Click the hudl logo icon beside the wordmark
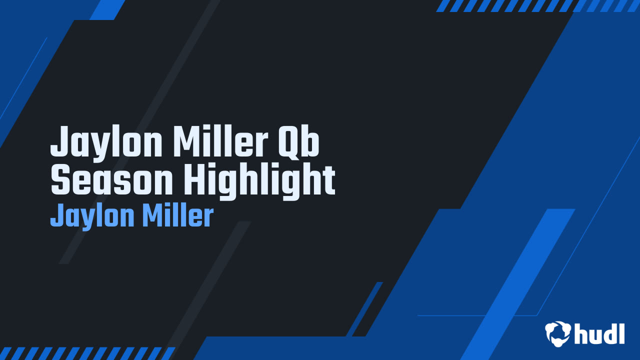[x=558, y=333]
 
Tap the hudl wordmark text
[x=599, y=333]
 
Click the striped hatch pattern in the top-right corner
[x=537, y=5]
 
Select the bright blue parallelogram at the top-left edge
[x=107, y=9]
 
